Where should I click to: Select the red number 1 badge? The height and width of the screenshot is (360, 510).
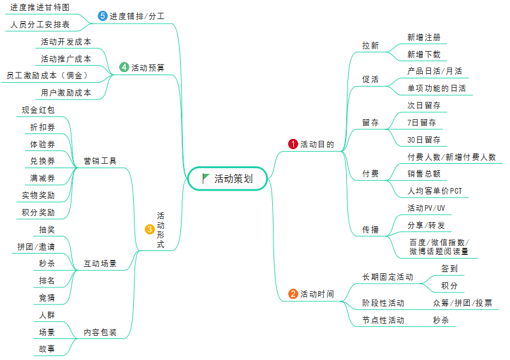coord(293,144)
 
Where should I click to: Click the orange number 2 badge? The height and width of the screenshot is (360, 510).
coord(293,294)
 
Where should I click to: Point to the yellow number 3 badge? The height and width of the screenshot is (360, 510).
coord(149,229)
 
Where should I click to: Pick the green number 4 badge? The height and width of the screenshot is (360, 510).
coord(124,67)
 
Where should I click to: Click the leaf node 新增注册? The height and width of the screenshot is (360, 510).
coord(423,38)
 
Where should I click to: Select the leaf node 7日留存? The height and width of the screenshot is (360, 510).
coord(421,122)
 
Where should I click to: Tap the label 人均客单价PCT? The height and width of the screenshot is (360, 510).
coord(435,191)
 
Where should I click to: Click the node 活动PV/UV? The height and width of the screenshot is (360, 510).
coord(426,208)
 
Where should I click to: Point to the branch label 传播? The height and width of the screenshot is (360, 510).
coord(370,229)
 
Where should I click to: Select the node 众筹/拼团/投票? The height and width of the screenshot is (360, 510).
coord(462,303)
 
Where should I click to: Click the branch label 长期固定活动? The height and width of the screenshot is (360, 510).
coord(388,277)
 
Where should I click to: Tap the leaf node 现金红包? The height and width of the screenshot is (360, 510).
coord(38,110)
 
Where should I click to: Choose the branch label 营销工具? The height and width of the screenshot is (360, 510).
coord(100,161)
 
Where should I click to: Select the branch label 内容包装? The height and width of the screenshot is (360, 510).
coord(100,332)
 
